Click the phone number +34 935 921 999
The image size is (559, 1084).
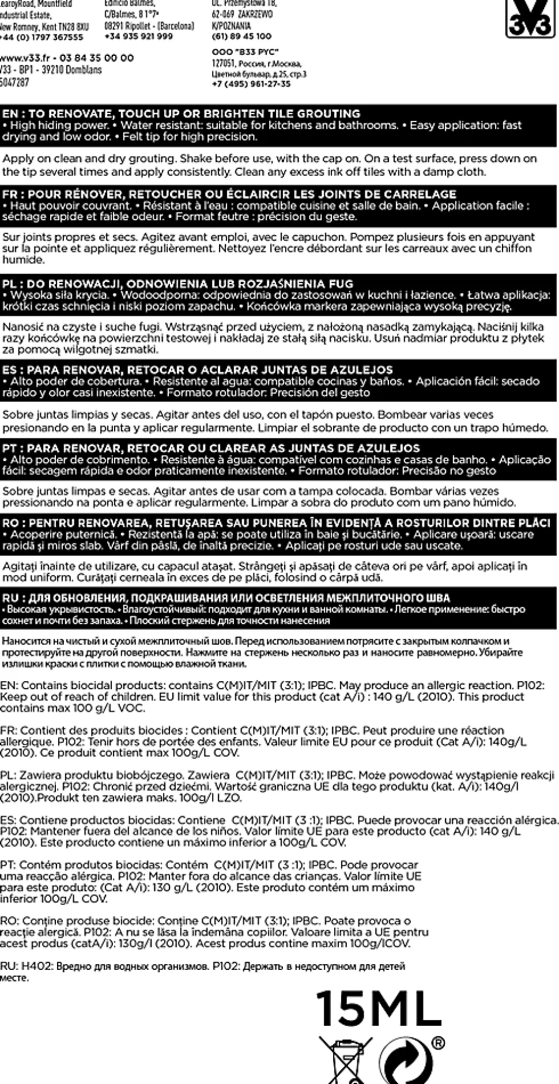(x=138, y=36)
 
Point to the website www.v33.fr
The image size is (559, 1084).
(x=25, y=58)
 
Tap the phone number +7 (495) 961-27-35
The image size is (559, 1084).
(x=251, y=84)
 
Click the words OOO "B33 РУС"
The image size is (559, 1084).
(x=245, y=52)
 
